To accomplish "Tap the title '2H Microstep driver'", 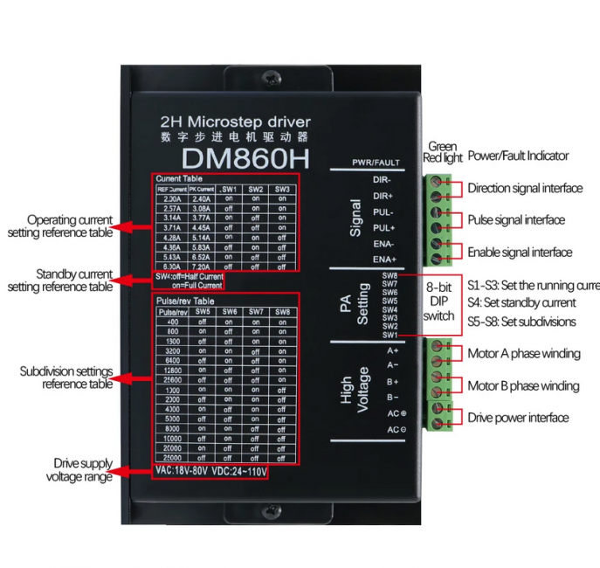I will point(236,121).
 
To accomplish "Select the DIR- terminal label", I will point(383,180).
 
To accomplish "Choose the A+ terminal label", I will point(393,350).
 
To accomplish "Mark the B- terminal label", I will point(393,398).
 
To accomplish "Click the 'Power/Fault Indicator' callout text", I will point(518,156).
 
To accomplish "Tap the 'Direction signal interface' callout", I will point(525,188).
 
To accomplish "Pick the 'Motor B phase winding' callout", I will point(523,385).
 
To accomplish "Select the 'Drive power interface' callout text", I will point(518,418).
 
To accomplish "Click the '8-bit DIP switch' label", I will point(438,301).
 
